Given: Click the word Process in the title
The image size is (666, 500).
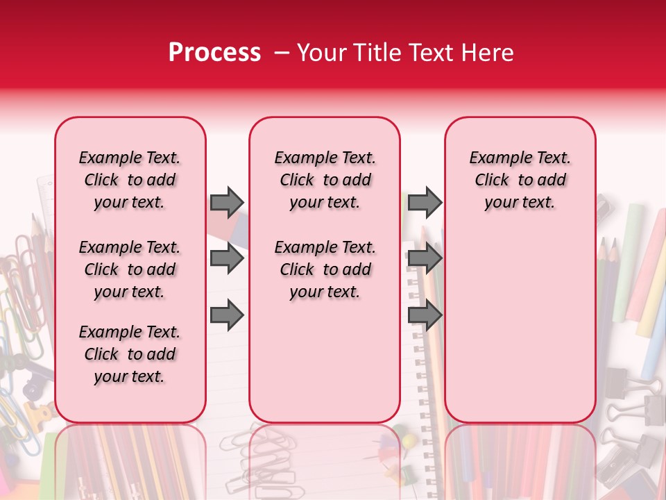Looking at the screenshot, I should click(x=214, y=53).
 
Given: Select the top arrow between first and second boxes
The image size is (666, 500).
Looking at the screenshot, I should click(x=227, y=202).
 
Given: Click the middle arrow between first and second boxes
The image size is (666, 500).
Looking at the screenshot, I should click(x=227, y=259).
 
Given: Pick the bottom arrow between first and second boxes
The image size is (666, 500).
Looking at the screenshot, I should click(x=227, y=315).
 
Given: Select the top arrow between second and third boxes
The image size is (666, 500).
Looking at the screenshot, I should click(x=425, y=202).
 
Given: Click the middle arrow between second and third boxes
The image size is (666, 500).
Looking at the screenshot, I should click(x=425, y=259).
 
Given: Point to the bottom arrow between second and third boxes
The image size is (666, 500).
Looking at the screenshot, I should click(x=425, y=315).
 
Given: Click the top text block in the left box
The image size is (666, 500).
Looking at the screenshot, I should click(x=130, y=180).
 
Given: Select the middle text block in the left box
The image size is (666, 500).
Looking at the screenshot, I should click(x=130, y=269).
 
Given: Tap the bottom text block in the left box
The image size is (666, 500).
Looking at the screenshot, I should click(x=130, y=354).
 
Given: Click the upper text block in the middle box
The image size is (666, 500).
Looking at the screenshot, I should click(x=325, y=180).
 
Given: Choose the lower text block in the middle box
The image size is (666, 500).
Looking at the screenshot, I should click(x=325, y=269).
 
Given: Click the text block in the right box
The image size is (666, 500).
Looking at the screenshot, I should click(x=520, y=180).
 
